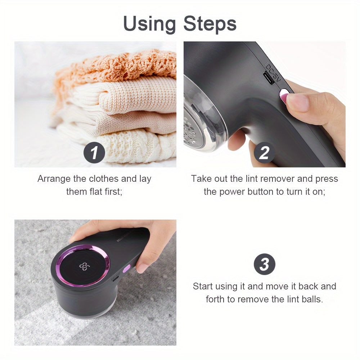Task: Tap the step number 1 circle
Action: pos(94,153)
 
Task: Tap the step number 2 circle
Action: pos(264,153)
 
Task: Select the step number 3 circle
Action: pos(264,265)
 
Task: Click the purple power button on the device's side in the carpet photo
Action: pos(126,268)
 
